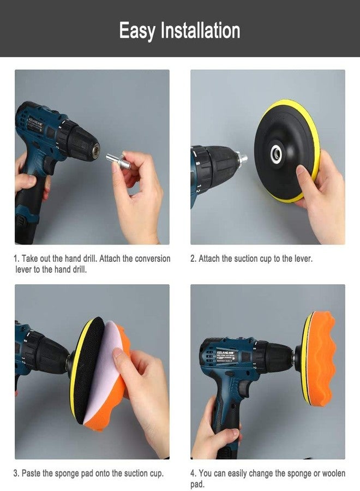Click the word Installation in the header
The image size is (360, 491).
(x=200, y=31)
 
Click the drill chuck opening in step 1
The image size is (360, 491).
(x=97, y=149)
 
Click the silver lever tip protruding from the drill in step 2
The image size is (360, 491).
(x=243, y=158)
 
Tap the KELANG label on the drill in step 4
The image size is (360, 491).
(x=227, y=353)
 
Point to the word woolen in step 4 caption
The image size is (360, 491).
(x=333, y=473)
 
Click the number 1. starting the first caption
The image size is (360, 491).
(x=16, y=259)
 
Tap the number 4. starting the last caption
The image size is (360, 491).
(x=194, y=473)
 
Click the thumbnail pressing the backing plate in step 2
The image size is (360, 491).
(x=302, y=171)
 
